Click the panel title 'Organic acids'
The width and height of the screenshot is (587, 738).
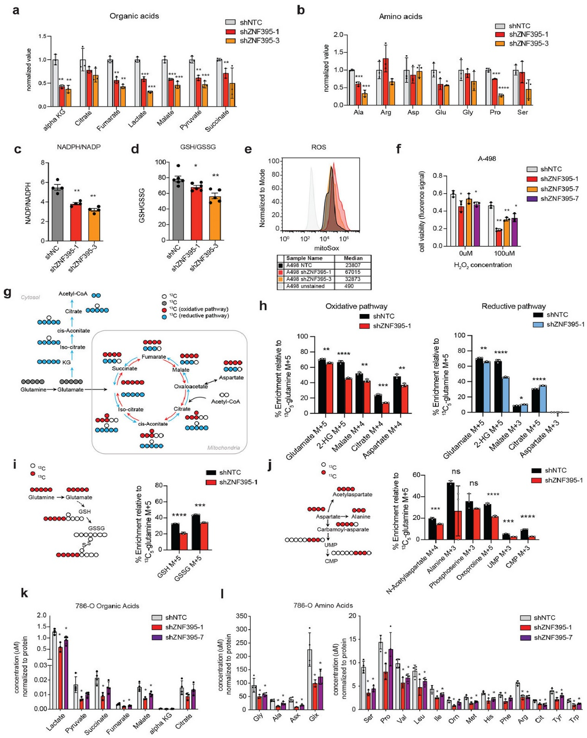tap(134, 16)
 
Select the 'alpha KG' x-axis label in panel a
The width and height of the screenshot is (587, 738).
tap(55, 120)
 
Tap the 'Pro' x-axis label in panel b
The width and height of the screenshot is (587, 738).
tap(495, 113)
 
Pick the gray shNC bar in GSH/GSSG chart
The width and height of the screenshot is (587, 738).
tap(178, 209)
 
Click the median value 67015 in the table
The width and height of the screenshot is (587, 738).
tap(353, 272)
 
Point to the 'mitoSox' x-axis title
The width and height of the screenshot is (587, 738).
tap(327, 248)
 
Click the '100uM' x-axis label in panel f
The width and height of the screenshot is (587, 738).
tap(504, 253)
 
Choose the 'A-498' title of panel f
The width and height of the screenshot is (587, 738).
tap(487, 158)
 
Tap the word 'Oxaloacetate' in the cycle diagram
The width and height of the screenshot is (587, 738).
tap(190, 386)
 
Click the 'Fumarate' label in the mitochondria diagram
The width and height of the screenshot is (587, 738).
tap(154, 357)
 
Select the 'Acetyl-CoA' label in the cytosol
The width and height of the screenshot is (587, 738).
tap(73, 294)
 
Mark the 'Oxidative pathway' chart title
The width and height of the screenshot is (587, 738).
tap(356, 306)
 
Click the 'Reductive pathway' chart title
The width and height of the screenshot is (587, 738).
tap(513, 306)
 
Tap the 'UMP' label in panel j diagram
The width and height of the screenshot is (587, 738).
tap(331, 545)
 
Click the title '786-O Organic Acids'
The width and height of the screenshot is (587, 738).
tap(107, 606)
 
